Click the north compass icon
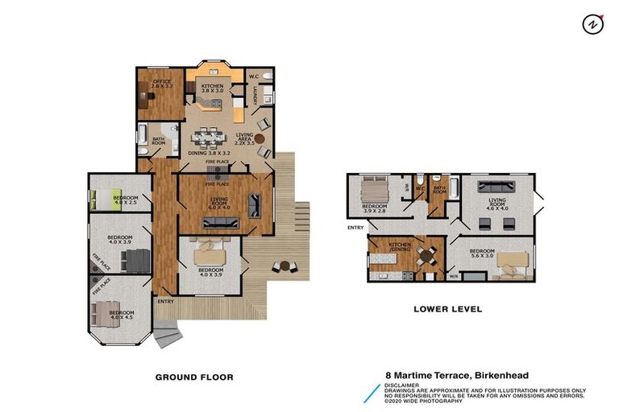pos(592,24)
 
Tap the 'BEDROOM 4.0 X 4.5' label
pos(121,315)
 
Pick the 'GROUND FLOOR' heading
pos(194,377)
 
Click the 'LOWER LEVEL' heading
pos(447,308)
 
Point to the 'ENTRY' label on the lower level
pos(355,228)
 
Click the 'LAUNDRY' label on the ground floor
pos(255,97)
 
